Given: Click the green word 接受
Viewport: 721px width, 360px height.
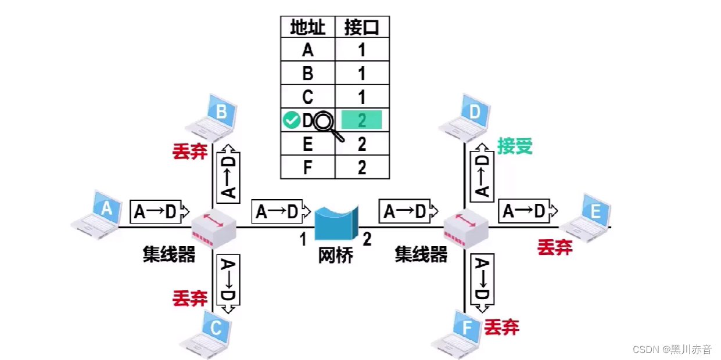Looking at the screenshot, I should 514,146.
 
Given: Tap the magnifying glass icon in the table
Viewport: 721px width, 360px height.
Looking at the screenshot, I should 326,124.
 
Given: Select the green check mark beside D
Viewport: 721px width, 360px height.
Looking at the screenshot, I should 291,121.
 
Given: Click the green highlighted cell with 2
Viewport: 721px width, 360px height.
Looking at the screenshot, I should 361,120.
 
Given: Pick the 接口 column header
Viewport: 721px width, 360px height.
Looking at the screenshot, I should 361,27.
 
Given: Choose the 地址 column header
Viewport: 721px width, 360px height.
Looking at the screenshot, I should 307,27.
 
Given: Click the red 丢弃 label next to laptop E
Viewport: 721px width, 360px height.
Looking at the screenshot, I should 555,247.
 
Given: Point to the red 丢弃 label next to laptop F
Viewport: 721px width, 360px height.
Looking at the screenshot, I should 501,326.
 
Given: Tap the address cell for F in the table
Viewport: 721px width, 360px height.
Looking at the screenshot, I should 307,167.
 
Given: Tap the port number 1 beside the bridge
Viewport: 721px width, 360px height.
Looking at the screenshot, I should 303,239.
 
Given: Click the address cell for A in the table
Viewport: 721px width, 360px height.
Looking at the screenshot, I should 307,50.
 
